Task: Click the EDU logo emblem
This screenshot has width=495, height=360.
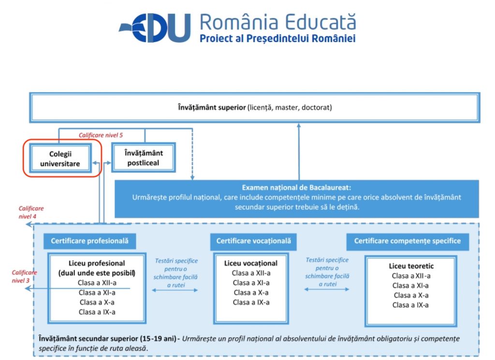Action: (155, 28)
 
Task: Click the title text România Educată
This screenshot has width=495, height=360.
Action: (278, 22)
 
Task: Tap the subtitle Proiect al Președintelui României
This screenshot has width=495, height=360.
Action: (278, 39)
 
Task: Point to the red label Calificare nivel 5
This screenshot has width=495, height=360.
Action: (101, 135)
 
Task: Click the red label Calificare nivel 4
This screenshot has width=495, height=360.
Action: (31, 212)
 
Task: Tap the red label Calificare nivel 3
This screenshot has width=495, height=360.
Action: (24, 276)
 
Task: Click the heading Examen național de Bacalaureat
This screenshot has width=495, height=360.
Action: (296, 187)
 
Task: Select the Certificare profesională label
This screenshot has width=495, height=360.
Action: (89, 241)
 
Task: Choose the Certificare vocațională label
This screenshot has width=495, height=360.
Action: (253, 241)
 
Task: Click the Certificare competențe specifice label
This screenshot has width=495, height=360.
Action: (408, 241)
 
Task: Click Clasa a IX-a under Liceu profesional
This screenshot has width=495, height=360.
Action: (97, 312)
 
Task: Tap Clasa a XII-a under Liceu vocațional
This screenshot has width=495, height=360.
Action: (251, 273)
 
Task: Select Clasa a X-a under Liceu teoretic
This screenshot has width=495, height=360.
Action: (411, 296)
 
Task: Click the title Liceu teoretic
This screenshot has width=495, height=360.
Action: (411, 266)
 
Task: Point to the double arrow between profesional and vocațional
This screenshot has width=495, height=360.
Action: (175, 290)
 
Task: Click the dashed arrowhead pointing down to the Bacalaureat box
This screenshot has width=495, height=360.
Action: (192, 178)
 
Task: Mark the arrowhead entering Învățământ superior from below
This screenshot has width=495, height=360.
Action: (299, 125)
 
